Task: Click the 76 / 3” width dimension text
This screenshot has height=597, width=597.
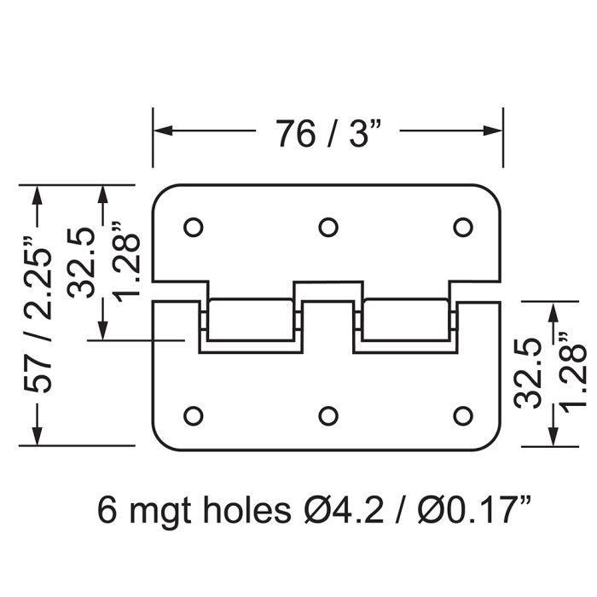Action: [328, 133]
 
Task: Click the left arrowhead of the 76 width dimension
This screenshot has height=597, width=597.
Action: [163, 130]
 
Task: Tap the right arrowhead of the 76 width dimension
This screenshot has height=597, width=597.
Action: [493, 130]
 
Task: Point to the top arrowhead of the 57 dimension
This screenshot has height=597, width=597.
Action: [37, 195]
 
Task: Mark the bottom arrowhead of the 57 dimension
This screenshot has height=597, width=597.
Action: [37, 436]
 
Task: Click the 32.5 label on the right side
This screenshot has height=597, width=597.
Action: [528, 374]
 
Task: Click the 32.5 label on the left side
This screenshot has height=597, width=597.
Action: [81, 263]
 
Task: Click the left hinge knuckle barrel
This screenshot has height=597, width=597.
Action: [251, 320]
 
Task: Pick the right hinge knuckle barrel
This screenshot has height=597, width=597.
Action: [405, 320]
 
